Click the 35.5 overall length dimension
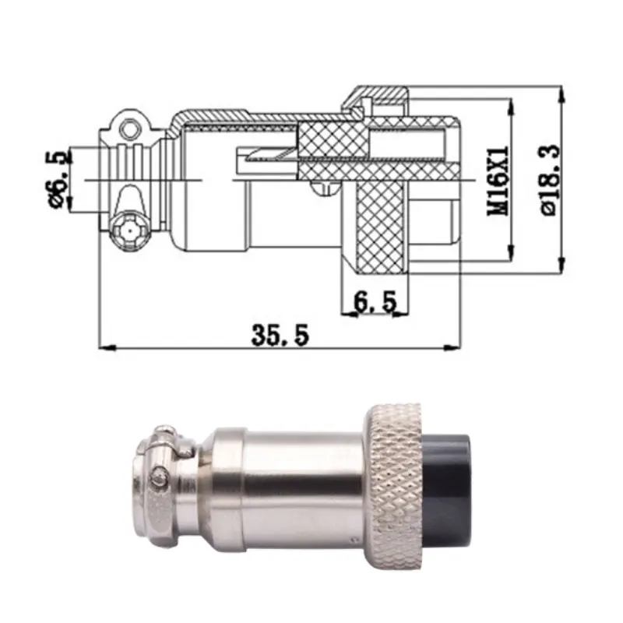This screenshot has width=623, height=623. click(280, 335)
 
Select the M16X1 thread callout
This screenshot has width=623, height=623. click(498, 181)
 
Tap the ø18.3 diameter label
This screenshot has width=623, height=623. click(551, 180)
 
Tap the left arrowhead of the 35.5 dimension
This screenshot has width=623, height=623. click(107, 347)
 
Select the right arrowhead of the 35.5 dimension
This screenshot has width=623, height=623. click(451, 347)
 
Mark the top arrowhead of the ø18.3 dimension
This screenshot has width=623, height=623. click(561, 94)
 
